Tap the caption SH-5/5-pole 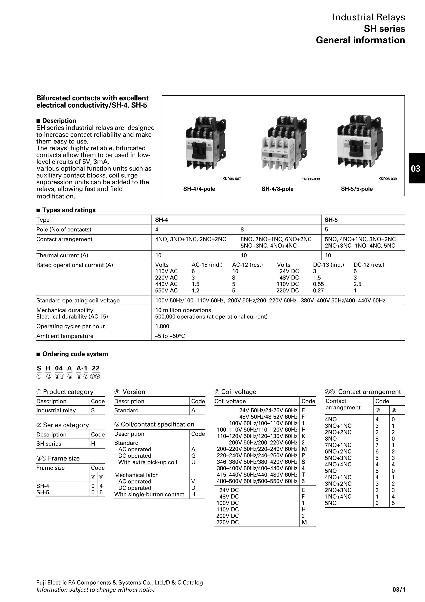[x=357, y=189]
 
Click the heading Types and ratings [x=69, y=210]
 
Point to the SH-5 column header [x=331, y=220]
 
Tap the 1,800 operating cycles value [x=162, y=326]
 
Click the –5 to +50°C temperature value [x=170, y=336]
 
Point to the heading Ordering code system [x=75, y=354]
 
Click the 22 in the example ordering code [x=96, y=368]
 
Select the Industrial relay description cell [x=56, y=410]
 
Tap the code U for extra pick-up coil [x=193, y=462]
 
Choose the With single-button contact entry [x=149, y=494]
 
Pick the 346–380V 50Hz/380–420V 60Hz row [x=257, y=462]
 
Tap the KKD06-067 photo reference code [x=231, y=179]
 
